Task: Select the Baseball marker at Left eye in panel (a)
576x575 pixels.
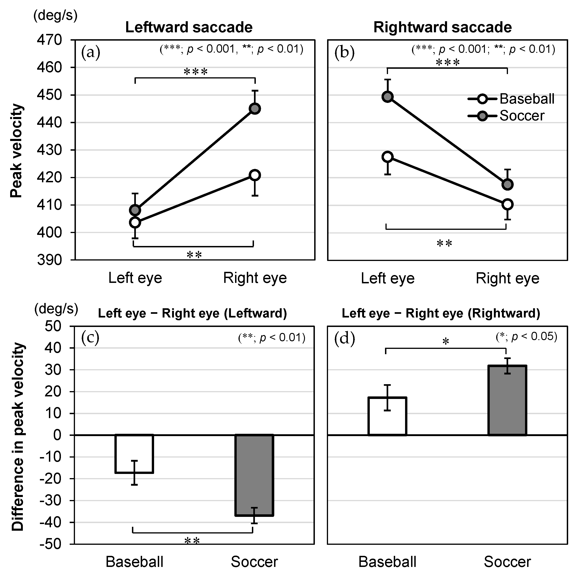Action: coord(135,222)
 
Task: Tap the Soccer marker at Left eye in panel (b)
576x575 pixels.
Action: coord(388,97)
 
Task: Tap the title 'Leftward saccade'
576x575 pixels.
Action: coord(189,27)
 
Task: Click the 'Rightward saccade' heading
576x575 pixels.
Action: coord(442,27)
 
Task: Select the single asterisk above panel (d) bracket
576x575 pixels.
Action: coord(446,342)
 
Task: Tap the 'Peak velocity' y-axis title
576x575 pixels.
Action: coord(16,151)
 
